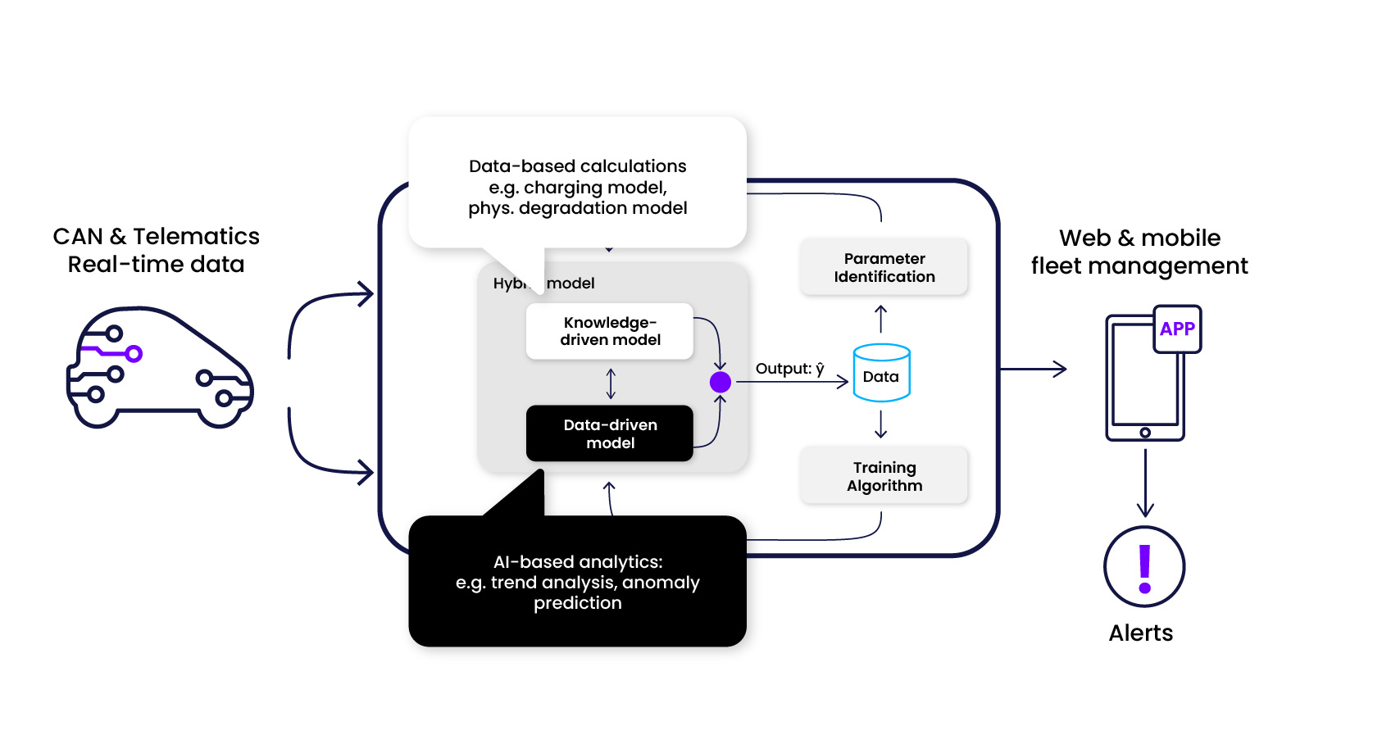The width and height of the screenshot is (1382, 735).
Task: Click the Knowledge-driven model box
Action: pos(610,331)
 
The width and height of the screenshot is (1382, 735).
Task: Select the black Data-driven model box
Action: pos(610,433)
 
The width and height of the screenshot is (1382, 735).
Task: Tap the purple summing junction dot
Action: pos(721,382)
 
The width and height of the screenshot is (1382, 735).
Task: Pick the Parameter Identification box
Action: pos(884,267)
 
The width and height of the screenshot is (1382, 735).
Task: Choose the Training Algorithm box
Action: pos(884,476)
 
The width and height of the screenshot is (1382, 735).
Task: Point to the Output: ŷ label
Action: pos(789,369)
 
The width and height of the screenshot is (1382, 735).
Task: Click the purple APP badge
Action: pos(1177,329)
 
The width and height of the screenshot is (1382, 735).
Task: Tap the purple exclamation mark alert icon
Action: pos(1144,567)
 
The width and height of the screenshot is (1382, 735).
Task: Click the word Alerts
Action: pos(1140,633)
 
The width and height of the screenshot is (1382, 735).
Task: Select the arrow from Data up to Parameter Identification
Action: pos(881,319)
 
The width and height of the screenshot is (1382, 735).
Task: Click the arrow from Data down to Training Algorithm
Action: pos(881,424)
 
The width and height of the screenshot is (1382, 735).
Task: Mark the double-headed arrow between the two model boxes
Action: pos(611,383)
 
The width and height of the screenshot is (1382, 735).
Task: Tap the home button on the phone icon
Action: pos(1145,433)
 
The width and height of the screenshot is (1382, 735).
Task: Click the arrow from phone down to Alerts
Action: pos(1145,483)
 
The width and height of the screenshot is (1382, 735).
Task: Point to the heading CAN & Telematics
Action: pos(156,237)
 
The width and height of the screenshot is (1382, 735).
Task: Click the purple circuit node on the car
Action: pos(134,354)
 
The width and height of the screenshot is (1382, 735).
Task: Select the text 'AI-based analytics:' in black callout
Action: pos(578,562)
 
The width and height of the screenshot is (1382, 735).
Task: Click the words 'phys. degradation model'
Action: pos(578,208)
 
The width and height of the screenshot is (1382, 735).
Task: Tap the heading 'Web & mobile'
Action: pos(1139,238)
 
